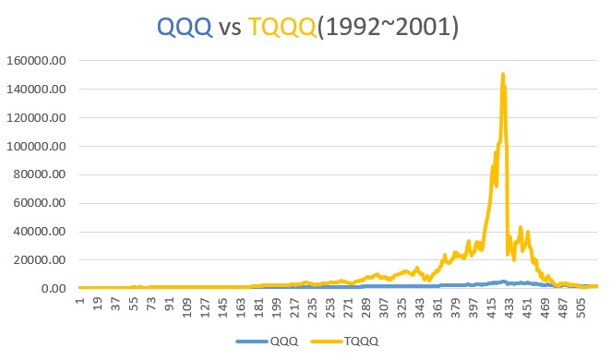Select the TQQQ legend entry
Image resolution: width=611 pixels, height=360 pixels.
pyautogui.click(x=357, y=341)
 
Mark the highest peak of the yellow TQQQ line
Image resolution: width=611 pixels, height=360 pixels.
pyautogui.click(x=503, y=74)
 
